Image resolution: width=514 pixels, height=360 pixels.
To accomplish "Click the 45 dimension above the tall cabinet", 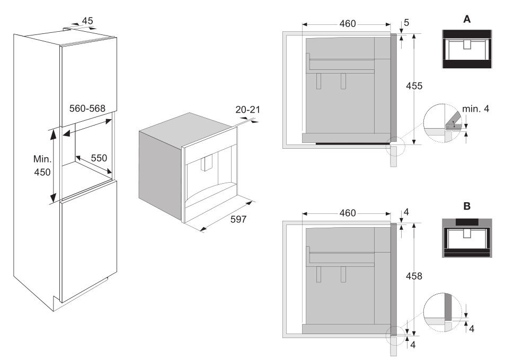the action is click(87, 21).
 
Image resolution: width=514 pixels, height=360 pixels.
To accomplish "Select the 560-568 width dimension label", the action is click(87, 109).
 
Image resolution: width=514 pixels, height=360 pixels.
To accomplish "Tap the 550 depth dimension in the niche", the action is click(99, 158).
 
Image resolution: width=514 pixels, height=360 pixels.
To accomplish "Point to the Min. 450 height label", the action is click(42, 165).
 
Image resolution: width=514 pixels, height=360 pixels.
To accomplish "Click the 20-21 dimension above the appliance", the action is click(247, 110).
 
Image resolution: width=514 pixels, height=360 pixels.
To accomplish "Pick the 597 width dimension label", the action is click(238, 219).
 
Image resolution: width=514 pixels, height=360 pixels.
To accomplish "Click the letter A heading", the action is click(467, 20).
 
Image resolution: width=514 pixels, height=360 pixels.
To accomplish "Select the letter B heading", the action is click(467, 206).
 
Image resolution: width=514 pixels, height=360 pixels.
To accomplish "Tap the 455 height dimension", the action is click(414, 86).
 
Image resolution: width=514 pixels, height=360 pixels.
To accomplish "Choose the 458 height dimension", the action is click(414, 276).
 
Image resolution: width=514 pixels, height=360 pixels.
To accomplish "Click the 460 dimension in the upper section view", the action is click(348, 24).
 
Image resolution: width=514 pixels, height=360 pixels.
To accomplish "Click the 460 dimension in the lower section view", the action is click(348, 213).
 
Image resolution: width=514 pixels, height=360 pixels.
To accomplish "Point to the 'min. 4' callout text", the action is click(475, 109).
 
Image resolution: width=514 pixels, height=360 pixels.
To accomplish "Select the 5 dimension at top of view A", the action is click(406, 23).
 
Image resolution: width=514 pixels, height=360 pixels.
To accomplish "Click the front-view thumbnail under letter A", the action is click(467, 49).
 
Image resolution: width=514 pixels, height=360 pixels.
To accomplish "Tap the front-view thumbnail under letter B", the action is click(467, 238).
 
